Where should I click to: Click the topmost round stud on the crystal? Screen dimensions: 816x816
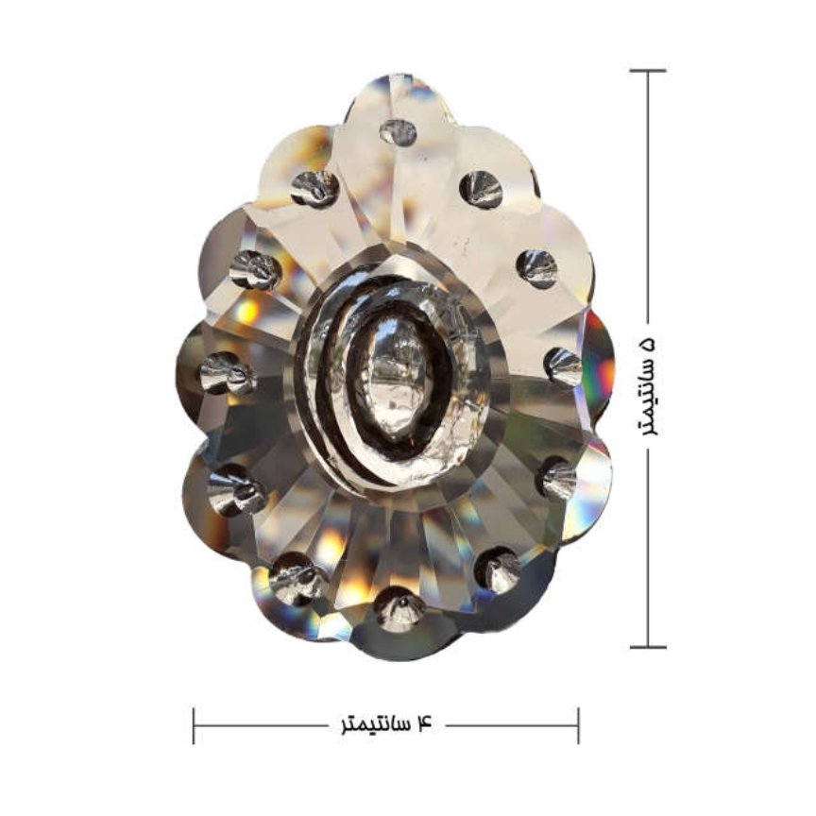click(399, 132)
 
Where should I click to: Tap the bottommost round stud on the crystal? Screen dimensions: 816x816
click(399, 609)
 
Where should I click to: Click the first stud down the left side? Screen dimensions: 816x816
click(314, 188)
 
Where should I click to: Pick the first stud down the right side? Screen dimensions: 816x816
click(481, 187)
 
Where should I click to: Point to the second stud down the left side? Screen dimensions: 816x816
click(256, 269)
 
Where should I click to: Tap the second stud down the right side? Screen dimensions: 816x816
click(537, 268)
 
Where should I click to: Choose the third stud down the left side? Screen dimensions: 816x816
click(228, 373)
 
